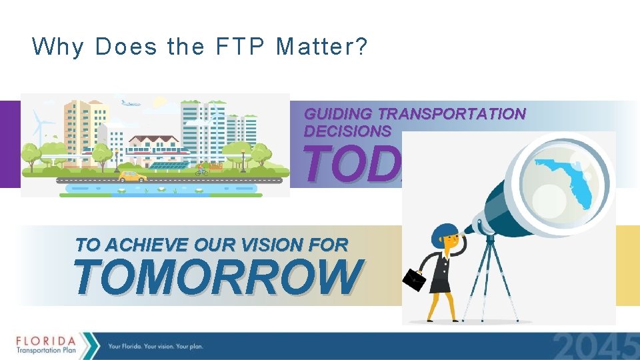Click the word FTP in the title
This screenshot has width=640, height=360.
click(231, 47)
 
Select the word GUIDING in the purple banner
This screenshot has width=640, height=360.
click(339, 114)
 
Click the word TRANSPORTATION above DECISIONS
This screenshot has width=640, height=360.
click(451, 114)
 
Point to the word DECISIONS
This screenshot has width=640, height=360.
click(347, 131)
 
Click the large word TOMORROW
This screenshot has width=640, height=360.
click(218, 277)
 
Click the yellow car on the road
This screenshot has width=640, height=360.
click(133, 177)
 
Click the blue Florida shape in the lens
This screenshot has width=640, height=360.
click(570, 177)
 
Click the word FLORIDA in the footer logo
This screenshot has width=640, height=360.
click(46, 337)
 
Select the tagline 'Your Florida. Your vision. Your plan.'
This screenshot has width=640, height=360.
click(155, 347)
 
